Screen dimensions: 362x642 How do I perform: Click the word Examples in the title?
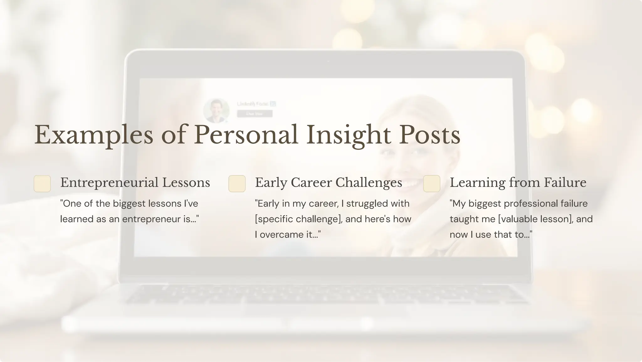coord(94,135)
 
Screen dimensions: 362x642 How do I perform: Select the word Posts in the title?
coord(429,135)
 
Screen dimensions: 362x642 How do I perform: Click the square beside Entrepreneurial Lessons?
coord(42,184)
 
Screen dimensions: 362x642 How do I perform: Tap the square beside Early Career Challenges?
coord(237,184)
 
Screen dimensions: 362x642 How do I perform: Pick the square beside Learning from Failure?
coord(432,184)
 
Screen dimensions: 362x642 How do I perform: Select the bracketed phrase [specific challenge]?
coord(298,219)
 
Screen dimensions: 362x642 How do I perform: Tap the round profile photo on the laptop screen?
coord(216,111)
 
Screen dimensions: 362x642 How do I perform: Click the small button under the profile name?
coord(255,114)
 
